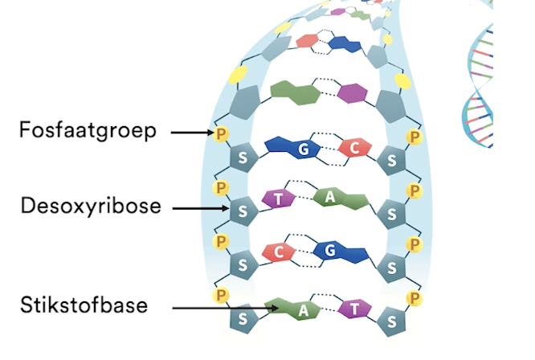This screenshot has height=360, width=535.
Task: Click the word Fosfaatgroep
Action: point(86,130)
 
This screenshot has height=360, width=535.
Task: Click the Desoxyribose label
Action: point(91,207)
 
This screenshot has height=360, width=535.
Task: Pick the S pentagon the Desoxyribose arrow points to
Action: point(241,212)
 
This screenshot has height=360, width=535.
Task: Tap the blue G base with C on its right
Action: point(300,149)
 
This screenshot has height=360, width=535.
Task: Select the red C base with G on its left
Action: point(353,148)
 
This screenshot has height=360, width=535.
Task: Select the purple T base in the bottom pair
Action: point(351,309)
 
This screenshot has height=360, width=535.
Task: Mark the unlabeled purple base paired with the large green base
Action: point(352,93)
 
